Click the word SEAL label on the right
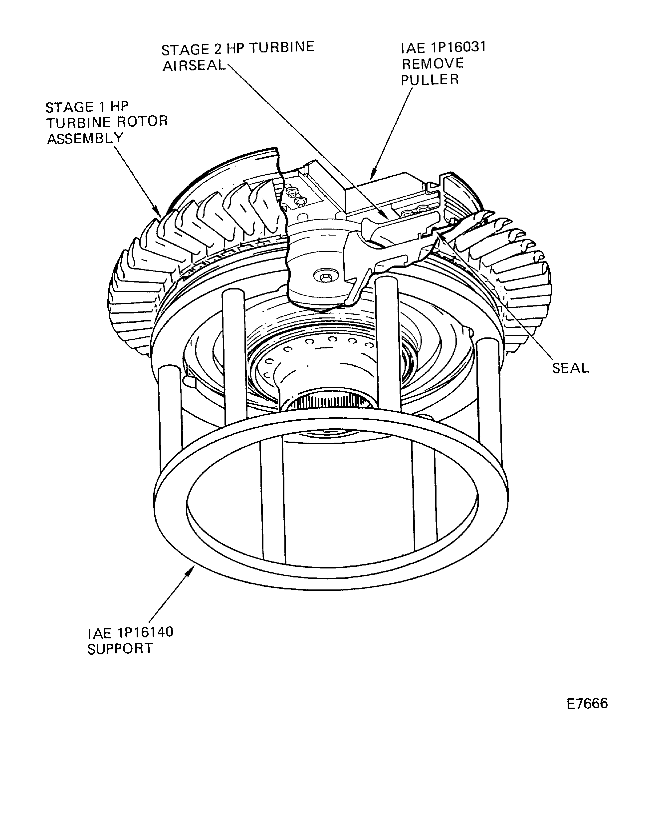(x=570, y=368)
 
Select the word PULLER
(x=430, y=79)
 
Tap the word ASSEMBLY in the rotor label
(x=85, y=138)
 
